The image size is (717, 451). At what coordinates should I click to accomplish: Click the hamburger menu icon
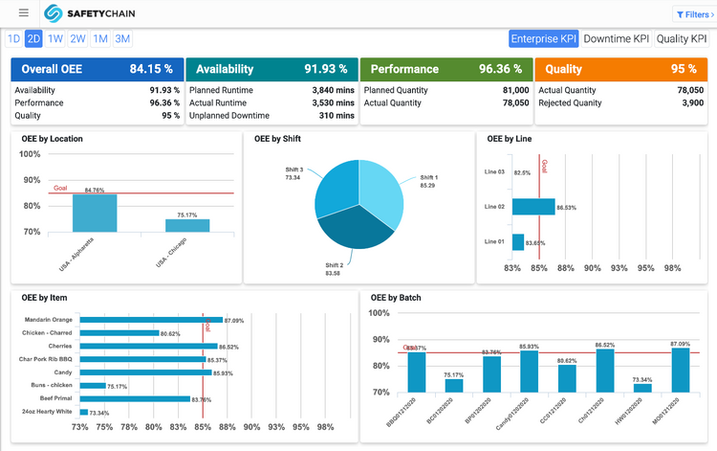pyautogui.click(x=23, y=13)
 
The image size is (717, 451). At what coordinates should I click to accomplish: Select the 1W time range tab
pyautogui.click(x=55, y=38)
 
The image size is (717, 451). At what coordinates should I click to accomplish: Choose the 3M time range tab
pyautogui.click(x=122, y=38)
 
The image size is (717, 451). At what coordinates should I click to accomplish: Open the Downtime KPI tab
pyautogui.click(x=617, y=38)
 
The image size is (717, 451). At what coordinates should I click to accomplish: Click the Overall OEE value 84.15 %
pyautogui.click(x=151, y=69)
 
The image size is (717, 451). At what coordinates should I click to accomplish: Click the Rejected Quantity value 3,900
pyautogui.click(x=690, y=103)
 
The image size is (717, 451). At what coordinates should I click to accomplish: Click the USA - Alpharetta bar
pyautogui.click(x=95, y=214)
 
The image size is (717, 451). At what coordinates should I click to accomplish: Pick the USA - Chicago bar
pyautogui.click(x=187, y=226)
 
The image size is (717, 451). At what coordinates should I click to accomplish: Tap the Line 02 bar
pyautogui.click(x=533, y=207)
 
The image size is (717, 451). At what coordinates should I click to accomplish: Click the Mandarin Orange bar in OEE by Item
pyautogui.click(x=151, y=320)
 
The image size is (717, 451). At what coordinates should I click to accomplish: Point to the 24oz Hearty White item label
pyautogui.click(x=48, y=412)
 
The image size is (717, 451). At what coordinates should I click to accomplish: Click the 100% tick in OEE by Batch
pyautogui.click(x=379, y=313)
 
